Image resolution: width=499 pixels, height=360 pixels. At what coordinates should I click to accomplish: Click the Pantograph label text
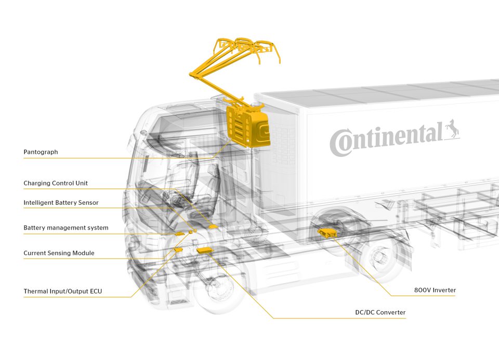41,152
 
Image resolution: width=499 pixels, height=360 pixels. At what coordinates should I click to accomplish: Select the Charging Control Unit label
56,183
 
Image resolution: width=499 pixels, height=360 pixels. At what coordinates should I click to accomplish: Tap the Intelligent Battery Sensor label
61,203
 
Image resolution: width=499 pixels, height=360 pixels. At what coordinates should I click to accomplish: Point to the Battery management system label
65,228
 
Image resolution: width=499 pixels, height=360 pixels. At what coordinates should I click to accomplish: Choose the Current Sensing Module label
59,253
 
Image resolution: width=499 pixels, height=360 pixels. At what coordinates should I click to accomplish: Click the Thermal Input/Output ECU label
62,291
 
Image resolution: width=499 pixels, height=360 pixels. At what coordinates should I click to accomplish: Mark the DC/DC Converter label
377,312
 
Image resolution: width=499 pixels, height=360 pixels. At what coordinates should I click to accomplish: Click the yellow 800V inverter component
327,233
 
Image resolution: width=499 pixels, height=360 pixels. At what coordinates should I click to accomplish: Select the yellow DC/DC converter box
205,250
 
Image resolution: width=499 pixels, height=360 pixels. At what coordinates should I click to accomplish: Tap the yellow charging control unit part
213,226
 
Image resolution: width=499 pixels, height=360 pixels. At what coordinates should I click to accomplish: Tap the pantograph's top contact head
244,47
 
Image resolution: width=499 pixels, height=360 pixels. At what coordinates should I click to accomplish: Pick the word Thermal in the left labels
35,291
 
